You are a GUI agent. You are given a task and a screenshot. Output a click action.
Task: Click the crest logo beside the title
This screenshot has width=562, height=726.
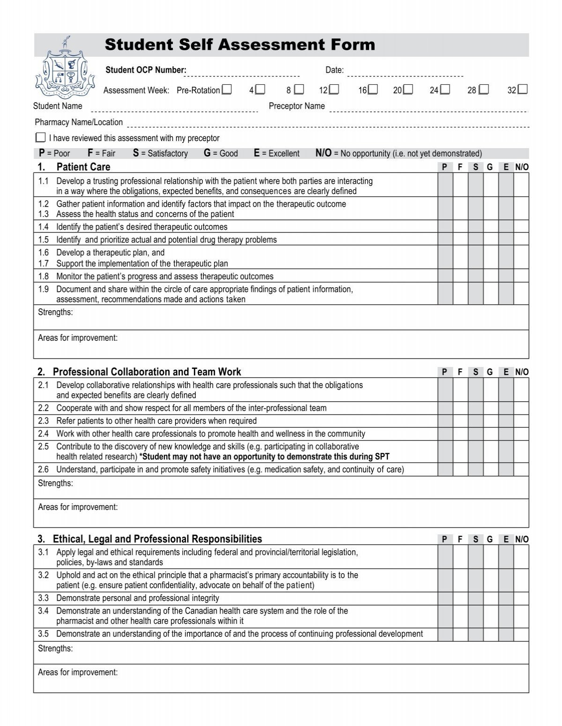point(62,71)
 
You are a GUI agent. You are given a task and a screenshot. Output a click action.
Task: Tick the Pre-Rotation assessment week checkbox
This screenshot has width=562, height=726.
point(227,90)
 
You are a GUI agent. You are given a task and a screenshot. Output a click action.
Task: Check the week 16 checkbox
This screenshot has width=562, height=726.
point(373,90)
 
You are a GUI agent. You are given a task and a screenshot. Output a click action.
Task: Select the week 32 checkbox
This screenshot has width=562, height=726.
point(523,90)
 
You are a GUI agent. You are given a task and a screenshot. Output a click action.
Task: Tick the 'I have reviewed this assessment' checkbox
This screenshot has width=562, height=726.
point(41,138)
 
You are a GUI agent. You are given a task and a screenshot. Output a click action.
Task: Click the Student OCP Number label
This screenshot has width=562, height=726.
point(146,70)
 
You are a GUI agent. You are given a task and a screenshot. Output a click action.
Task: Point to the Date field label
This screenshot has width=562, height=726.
point(334,70)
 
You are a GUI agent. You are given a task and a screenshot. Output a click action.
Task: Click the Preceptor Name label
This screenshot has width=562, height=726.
point(296,106)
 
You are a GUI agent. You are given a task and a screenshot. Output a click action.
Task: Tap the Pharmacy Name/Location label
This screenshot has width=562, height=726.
point(79,122)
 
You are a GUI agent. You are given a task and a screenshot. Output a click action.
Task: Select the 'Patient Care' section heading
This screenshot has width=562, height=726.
point(83,167)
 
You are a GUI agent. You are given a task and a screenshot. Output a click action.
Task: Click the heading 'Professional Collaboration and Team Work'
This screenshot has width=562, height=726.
point(147,372)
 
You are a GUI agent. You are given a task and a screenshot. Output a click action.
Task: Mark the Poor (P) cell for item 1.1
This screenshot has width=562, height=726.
point(445,186)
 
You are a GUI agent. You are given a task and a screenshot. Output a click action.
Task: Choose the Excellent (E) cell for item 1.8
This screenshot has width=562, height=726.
point(506,276)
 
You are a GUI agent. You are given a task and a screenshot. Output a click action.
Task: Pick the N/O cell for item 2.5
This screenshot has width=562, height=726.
point(521,451)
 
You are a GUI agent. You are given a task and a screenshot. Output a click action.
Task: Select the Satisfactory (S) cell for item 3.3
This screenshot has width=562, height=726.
point(475,598)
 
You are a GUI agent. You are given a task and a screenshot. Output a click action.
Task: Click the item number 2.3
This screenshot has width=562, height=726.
point(44,421)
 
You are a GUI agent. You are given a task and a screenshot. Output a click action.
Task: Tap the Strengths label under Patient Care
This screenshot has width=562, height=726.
point(55,312)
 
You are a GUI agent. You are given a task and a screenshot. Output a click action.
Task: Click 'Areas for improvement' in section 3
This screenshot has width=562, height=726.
point(78,672)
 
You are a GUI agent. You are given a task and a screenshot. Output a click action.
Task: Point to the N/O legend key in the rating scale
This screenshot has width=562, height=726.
point(323,153)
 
